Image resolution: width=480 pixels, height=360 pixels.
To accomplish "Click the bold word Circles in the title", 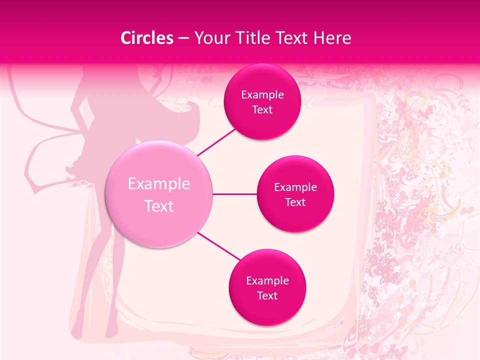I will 146,38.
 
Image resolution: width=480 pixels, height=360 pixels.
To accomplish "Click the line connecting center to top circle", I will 217,142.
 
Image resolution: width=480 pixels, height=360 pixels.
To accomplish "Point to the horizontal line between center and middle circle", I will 235,194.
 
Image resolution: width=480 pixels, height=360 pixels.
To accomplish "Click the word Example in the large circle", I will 159,184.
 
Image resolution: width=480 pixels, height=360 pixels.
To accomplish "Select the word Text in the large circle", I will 159,206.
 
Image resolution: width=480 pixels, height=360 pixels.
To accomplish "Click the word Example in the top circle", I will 262,94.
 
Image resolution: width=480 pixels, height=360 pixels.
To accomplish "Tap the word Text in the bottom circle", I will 267,295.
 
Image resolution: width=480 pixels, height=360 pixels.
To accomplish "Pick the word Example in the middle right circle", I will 295,187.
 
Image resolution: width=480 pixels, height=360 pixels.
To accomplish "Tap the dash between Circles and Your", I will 183,38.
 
